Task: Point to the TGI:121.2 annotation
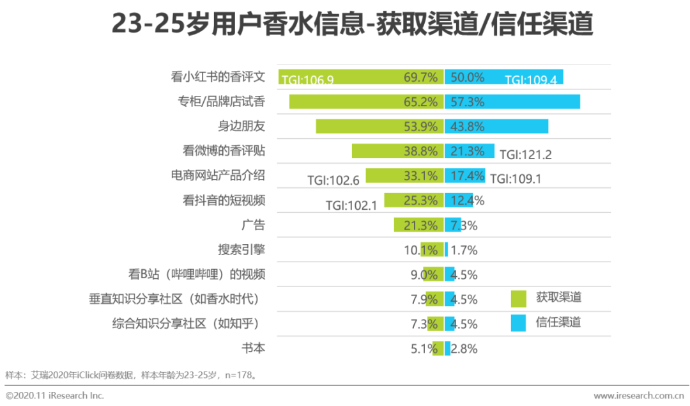tap(525, 155)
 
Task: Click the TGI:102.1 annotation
tap(351, 205)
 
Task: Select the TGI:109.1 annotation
tap(515, 180)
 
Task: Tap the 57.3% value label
tap(467, 102)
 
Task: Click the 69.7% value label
tap(420, 77)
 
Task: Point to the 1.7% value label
tap(464, 250)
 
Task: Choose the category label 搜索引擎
tap(241, 250)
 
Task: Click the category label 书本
tap(253, 348)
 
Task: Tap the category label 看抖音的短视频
tap(224, 201)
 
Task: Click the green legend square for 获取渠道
tap(519, 299)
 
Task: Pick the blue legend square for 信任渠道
tap(519, 323)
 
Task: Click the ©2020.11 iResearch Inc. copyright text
tap(54, 396)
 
